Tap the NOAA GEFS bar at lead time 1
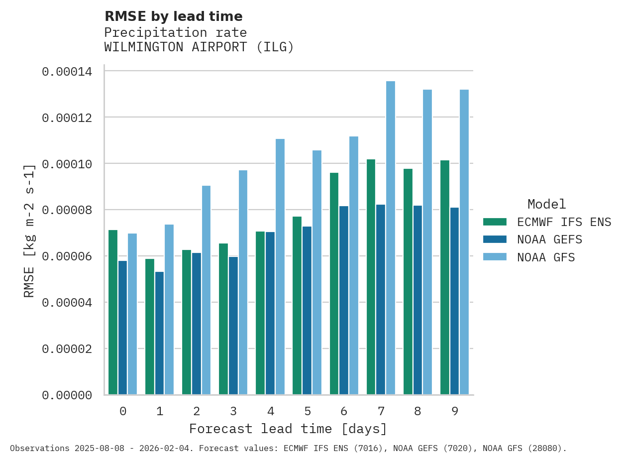159,333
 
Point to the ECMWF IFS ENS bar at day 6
334,284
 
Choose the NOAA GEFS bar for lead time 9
454,301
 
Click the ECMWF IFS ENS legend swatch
495,222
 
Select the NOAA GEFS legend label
549,239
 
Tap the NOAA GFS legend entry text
546,257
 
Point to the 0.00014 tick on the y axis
67,72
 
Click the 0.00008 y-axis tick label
67,210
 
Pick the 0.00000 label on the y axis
67,395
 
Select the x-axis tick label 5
308,411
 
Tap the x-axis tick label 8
417,411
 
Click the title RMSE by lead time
173,16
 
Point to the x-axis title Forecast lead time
288,429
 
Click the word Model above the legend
546,204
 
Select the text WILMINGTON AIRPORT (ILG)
199,47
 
